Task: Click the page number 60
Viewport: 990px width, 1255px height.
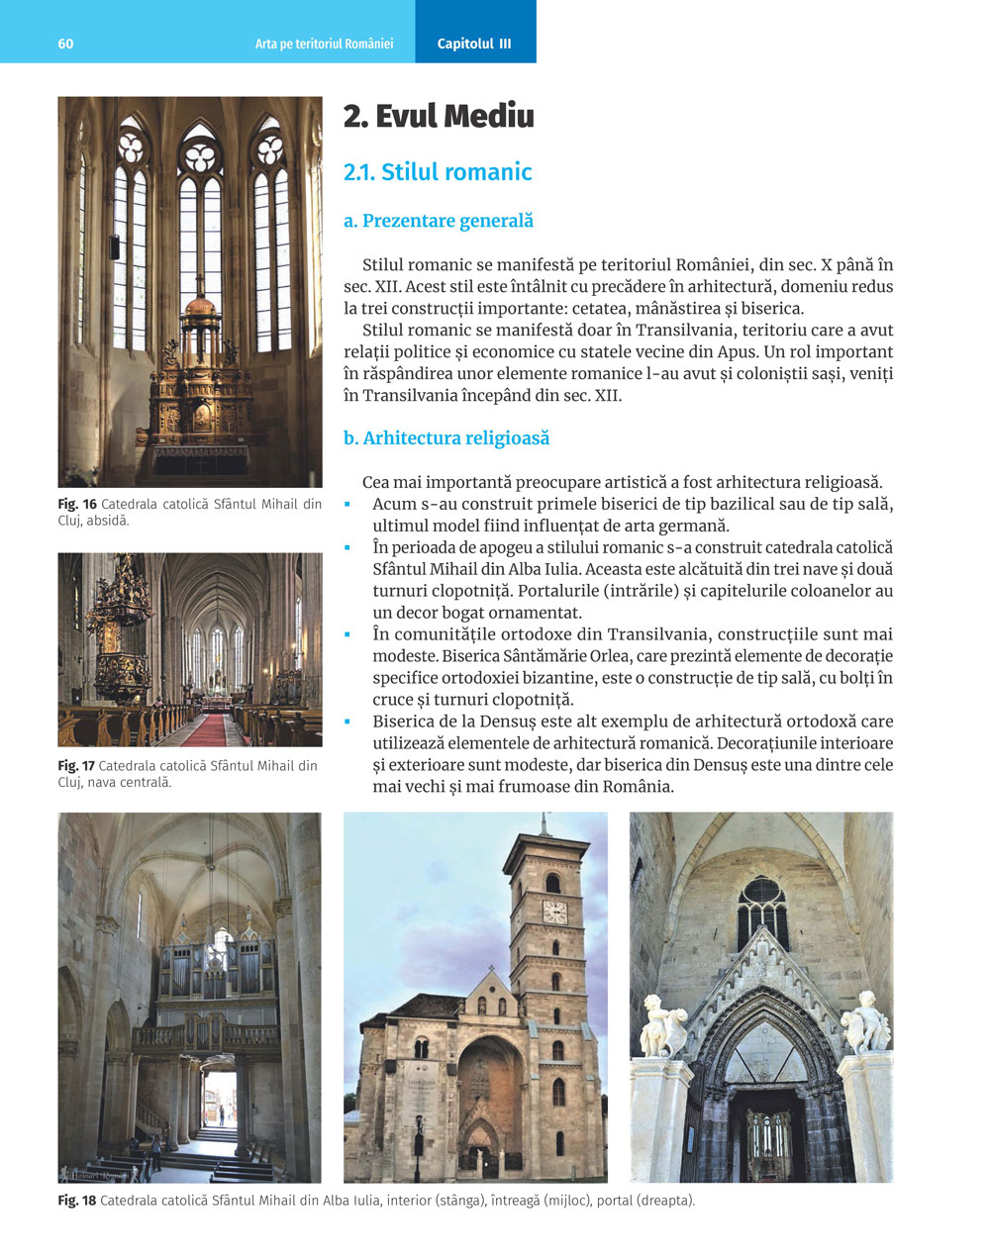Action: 65,44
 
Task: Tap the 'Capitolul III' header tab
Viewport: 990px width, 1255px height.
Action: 474,44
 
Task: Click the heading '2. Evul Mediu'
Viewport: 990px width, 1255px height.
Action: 439,117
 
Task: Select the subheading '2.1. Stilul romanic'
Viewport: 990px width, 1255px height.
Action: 438,172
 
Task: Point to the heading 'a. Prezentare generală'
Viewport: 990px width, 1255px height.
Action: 438,221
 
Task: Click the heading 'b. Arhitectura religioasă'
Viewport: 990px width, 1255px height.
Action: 445,438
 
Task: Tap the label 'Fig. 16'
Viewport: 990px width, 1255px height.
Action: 77,505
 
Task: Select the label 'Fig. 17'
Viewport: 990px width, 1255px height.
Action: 76,766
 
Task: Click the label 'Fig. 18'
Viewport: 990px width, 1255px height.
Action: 77,1202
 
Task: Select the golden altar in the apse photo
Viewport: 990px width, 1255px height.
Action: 201,386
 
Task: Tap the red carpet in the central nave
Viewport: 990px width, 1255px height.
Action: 203,730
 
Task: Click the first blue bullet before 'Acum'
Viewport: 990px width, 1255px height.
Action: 347,505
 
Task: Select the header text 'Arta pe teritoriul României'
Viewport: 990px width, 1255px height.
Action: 324,44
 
